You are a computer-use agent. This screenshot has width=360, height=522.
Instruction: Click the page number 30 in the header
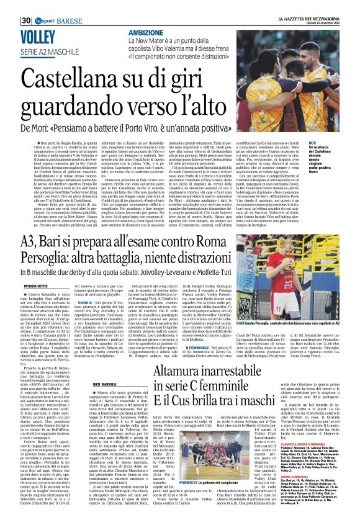(25, 6)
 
